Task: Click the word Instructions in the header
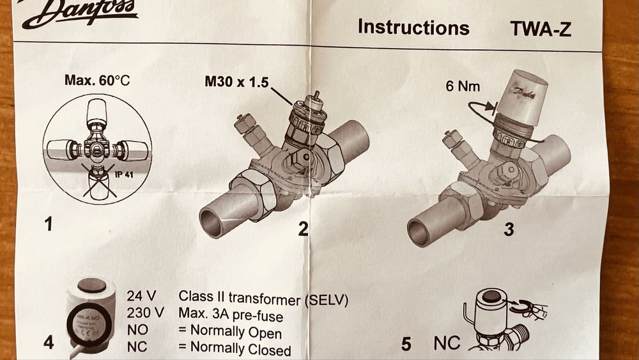click(x=413, y=27)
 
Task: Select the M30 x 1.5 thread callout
click(x=236, y=82)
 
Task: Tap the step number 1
click(x=48, y=225)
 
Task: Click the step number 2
click(x=303, y=228)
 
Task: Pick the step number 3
click(x=508, y=229)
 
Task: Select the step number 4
click(x=48, y=343)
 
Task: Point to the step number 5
click(x=406, y=344)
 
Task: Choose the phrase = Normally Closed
click(x=235, y=350)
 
